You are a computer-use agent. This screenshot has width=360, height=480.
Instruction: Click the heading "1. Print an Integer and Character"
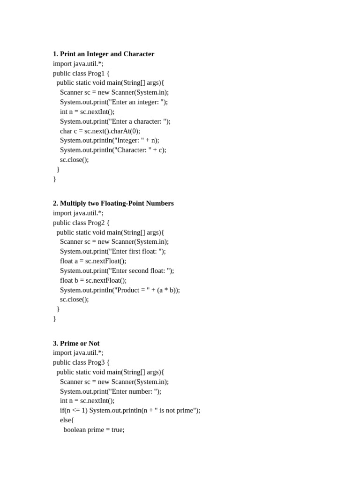(x=104, y=54)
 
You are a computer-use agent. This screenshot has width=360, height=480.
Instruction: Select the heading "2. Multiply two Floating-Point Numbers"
(x=113, y=203)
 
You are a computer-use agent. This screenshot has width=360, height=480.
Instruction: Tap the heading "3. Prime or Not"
(x=76, y=343)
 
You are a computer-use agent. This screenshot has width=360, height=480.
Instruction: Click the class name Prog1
(x=96, y=73)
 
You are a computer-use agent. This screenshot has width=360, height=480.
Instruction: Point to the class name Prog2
(x=96, y=223)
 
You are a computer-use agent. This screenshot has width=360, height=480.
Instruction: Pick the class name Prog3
(x=96, y=362)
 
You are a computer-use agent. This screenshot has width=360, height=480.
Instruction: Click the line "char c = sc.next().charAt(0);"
(x=100, y=131)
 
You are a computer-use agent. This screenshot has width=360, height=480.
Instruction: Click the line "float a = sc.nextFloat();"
(x=93, y=261)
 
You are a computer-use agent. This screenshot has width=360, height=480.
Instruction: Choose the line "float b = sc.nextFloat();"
(x=93, y=280)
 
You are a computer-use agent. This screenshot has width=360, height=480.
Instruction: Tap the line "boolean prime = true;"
(x=94, y=429)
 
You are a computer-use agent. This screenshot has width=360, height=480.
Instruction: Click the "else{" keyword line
(x=67, y=420)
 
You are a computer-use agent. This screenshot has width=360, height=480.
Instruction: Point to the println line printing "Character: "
(x=113, y=150)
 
